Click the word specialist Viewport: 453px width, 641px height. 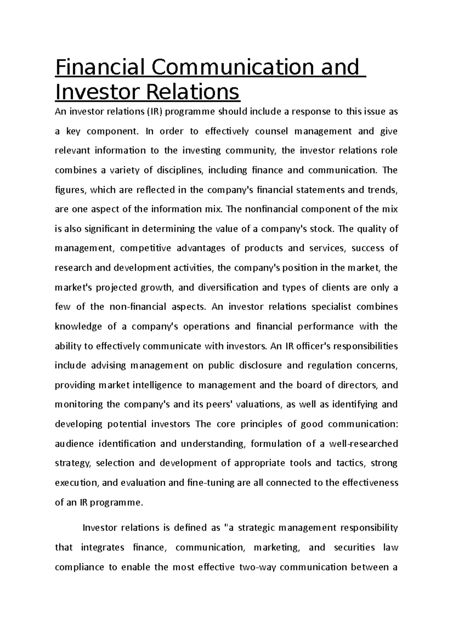[x=333, y=307]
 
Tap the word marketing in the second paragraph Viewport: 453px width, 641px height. [x=277, y=548]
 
